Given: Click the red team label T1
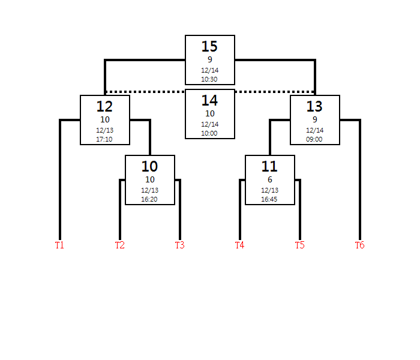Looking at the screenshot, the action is [x=59, y=245].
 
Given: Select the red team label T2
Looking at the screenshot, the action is [x=120, y=245].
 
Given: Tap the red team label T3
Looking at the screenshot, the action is [x=180, y=245].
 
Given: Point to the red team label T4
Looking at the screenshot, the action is [x=240, y=245].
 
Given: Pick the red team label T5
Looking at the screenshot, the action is [x=300, y=245].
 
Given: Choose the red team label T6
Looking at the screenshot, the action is [x=360, y=245].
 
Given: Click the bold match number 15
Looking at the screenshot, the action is [x=209, y=46].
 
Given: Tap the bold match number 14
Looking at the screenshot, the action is [x=209, y=100].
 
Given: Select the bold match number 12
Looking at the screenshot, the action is [x=104, y=106].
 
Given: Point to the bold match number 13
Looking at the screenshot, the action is [x=314, y=106].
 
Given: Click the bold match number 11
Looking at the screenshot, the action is [x=269, y=166].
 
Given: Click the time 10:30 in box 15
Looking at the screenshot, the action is [x=209, y=79].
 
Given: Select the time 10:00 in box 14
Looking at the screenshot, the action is [x=209, y=133].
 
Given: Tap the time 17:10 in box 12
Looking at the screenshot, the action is [x=104, y=139].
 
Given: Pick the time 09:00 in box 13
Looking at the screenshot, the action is [x=314, y=139].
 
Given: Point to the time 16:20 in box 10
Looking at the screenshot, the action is [x=149, y=199].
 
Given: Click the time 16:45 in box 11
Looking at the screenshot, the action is [x=269, y=199].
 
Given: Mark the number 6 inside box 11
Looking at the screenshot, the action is [x=270, y=179].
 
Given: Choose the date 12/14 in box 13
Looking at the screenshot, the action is [x=315, y=130].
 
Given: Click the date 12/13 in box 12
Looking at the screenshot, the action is [x=105, y=130].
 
